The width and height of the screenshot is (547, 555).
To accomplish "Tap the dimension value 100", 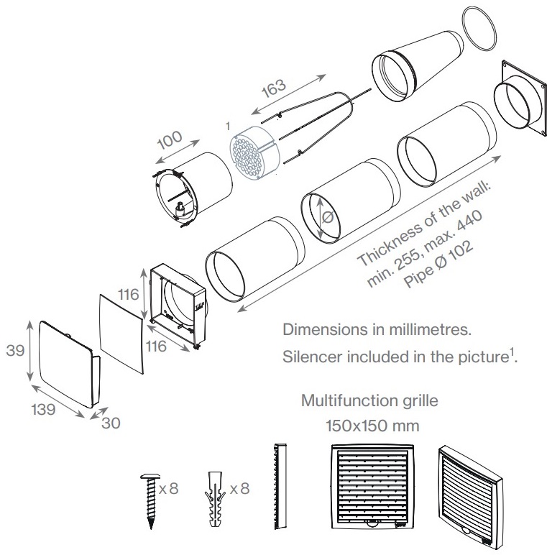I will [x=169, y=141].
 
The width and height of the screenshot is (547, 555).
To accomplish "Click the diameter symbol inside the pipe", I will [x=328, y=217].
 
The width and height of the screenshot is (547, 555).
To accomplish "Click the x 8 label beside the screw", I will [x=168, y=488].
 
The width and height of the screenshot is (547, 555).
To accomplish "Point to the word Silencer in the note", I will [x=308, y=357].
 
